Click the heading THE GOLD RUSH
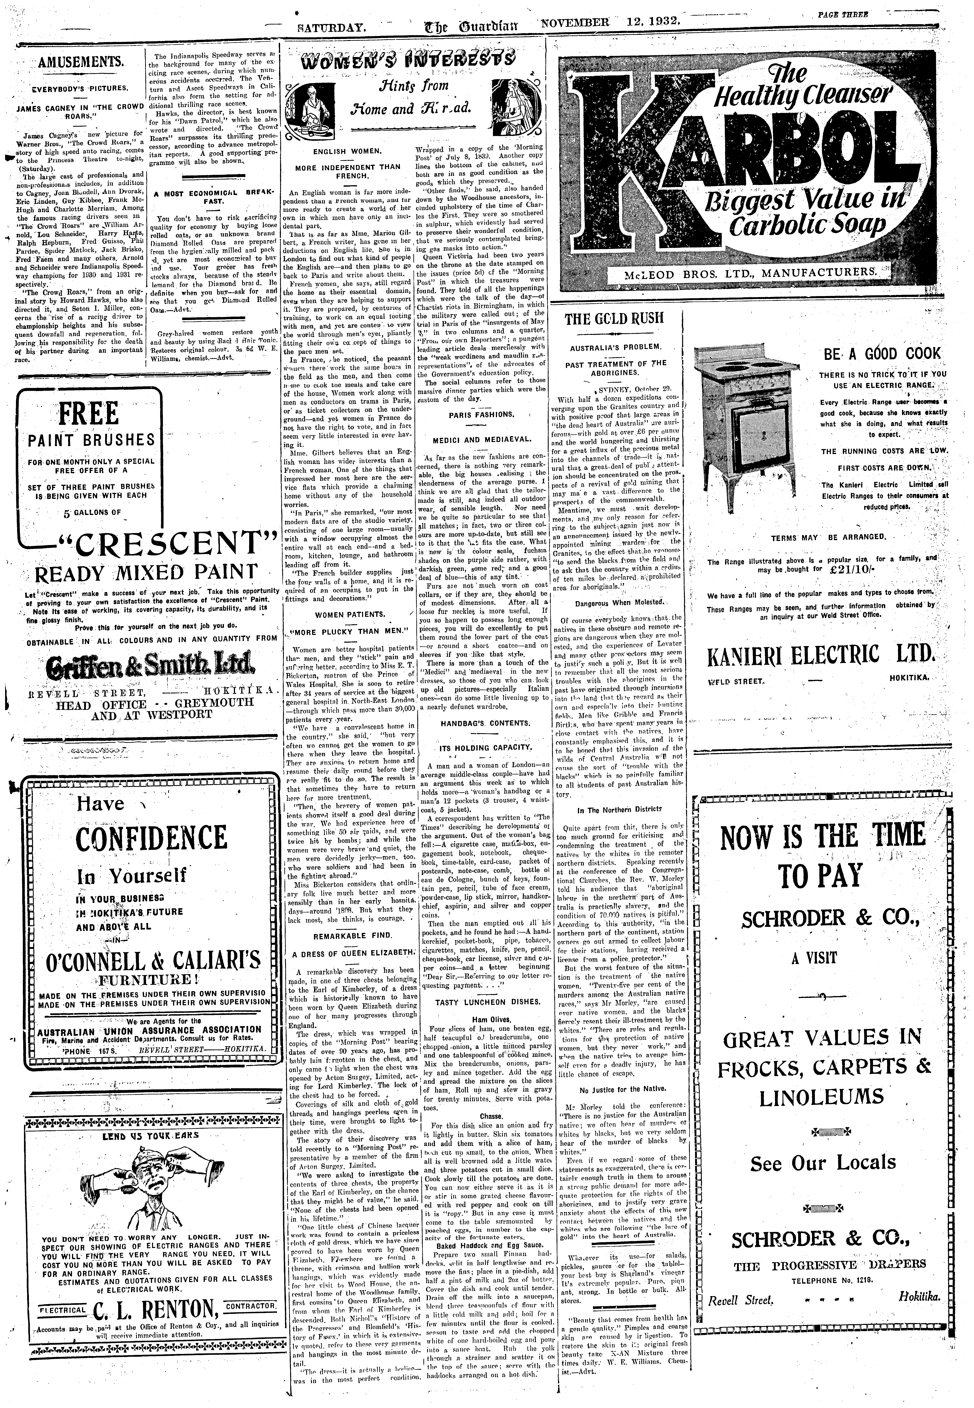pyautogui.click(x=614, y=319)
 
